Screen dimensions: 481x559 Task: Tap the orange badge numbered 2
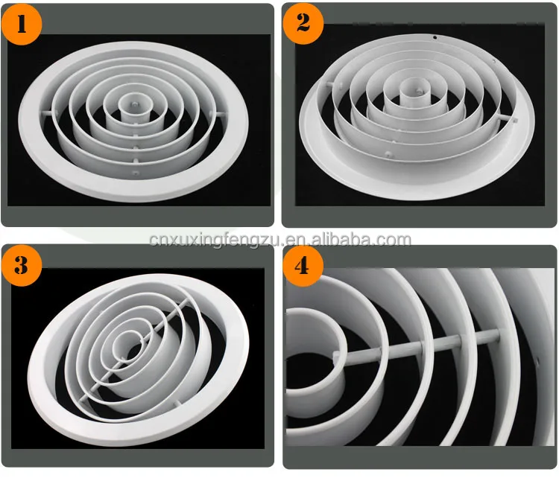pos(303,22)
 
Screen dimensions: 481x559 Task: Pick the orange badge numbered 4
pos(303,266)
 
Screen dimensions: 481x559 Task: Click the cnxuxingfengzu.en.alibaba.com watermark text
pos(279,240)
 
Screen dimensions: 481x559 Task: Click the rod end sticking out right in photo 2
pos(513,119)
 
